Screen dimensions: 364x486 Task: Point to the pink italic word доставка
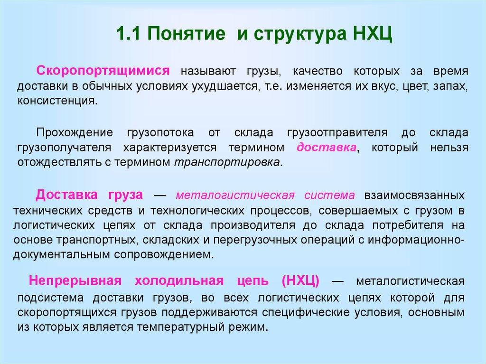[327, 147]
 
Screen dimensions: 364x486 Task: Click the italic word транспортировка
[227, 162]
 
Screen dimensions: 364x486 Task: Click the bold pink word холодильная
[179, 280]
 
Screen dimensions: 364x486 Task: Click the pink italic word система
[329, 195]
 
